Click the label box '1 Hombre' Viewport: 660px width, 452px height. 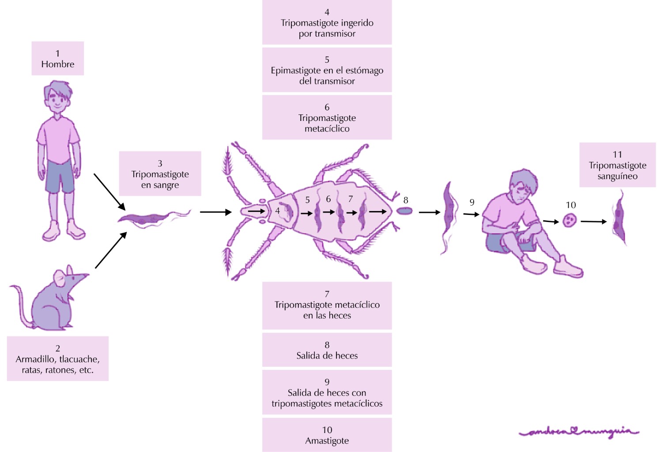tap(57, 58)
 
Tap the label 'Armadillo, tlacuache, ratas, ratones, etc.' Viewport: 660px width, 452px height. tap(57, 358)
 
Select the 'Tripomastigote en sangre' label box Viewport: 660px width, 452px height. tap(160, 173)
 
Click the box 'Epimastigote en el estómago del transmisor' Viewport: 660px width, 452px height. tap(327, 70)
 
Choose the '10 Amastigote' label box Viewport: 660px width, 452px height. tap(327, 435)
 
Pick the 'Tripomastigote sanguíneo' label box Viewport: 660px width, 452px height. tap(617, 165)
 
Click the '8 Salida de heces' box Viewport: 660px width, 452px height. tap(327, 350)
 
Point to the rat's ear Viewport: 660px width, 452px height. tap(60, 277)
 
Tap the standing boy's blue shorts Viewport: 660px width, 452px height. tap(60, 176)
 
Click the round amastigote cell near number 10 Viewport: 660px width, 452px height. tap(569, 220)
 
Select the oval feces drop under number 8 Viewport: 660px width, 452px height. tap(404, 211)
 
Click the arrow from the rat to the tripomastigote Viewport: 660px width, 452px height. tap(110, 250)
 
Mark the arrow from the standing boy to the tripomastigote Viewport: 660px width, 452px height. tap(109, 191)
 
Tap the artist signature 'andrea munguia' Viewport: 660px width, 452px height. tap(579, 431)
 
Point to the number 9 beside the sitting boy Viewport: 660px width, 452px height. tap(472, 202)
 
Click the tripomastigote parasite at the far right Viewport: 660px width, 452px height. tap(619, 219)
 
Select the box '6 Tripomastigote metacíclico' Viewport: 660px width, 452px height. tap(327, 117)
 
